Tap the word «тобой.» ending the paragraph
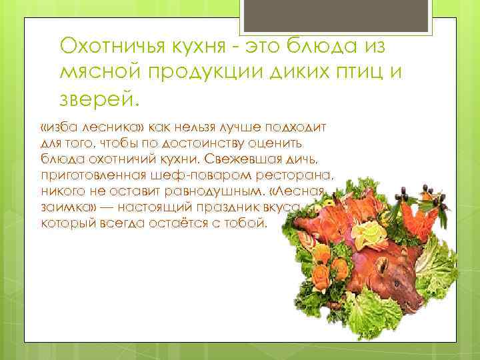coord(250,223)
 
